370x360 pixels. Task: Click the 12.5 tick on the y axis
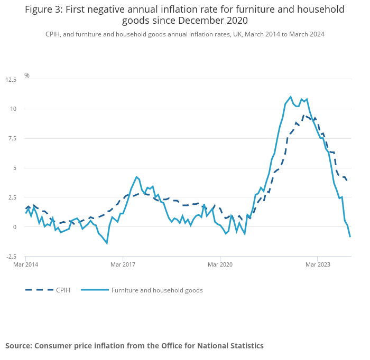click(11, 80)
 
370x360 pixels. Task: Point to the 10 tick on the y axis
click(13, 109)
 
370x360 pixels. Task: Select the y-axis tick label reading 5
click(15, 168)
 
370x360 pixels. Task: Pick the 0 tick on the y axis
click(15, 227)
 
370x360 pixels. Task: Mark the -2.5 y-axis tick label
click(11, 257)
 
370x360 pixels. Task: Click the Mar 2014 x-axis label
click(25, 264)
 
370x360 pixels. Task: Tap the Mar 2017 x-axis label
click(122, 264)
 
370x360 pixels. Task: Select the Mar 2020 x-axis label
click(219, 264)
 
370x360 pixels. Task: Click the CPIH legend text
click(63, 290)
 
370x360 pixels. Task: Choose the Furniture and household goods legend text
click(157, 290)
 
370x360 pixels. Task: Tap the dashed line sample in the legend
click(39, 290)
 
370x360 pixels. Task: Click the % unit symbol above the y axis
click(27, 75)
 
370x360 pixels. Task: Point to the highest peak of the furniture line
click(291, 97)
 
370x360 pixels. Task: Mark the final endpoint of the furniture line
click(350, 236)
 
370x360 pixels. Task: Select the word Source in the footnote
click(18, 346)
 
